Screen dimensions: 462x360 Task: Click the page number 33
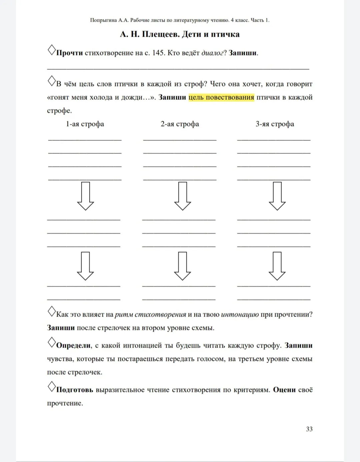309,429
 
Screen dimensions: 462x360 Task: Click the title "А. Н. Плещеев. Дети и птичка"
180,34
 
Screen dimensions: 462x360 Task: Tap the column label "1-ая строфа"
85,124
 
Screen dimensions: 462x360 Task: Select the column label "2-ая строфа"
180,124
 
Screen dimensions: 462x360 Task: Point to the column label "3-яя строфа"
275,124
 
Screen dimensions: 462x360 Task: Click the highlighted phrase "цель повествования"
221,97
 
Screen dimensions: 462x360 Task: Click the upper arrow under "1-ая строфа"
85,196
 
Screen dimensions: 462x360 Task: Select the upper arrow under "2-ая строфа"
182,196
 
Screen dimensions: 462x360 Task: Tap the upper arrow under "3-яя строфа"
277,196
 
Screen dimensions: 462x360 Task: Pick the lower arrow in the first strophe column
85,266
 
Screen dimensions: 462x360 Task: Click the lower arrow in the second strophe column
182,266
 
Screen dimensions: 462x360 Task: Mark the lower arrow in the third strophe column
277,266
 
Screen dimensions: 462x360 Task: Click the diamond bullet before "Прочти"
52,50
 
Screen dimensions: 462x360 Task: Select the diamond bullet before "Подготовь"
52,387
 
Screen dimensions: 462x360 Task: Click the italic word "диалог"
212,53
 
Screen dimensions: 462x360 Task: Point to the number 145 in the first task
158,53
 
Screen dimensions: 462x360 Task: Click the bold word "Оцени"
284,390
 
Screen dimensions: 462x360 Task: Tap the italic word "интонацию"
240,315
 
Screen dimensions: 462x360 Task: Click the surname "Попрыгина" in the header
103,20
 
